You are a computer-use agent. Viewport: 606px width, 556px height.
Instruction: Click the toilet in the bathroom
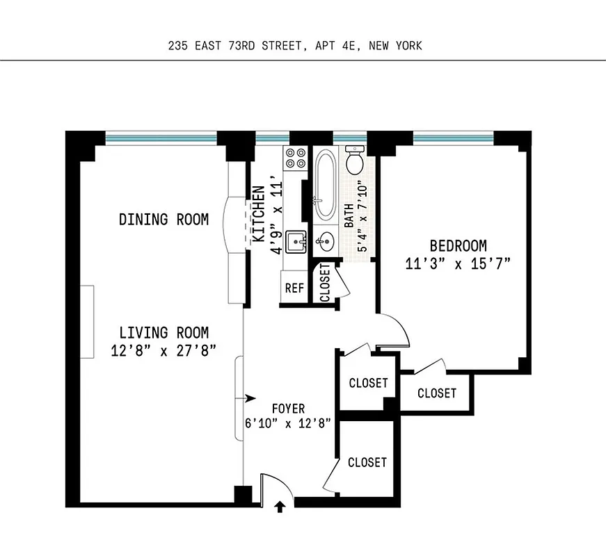pyautogui.click(x=354, y=160)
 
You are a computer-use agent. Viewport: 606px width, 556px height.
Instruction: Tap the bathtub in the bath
pyautogui.click(x=324, y=184)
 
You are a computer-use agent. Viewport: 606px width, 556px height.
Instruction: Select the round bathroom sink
pyautogui.click(x=324, y=243)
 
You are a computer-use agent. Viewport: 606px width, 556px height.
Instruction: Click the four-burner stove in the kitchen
pyautogui.click(x=295, y=158)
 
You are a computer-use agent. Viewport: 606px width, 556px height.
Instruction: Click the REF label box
pyautogui.click(x=294, y=287)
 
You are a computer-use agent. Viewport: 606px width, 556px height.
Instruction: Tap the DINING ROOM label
pyautogui.click(x=164, y=220)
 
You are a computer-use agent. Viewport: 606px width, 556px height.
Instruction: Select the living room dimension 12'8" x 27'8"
pyautogui.click(x=164, y=350)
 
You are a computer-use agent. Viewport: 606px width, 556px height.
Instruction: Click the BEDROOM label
pyautogui.click(x=458, y=245)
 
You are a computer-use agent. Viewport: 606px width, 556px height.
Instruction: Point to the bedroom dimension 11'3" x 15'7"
pyautogui.click(x=458, y=263)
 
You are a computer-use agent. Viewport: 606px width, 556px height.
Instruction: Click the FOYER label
pyautogui.click(x=288, y=409)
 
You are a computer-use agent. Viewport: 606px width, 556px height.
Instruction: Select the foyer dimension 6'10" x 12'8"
pyautogui.click(x=288, y=423)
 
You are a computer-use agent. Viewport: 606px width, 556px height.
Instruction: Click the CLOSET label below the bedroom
pyautogui.click(x=437, y=393)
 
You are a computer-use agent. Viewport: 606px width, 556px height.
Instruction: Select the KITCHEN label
pyautogui.click(x=258, y=213)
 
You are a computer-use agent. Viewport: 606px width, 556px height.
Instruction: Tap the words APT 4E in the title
pyautogui.click(x=343, y=46)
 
